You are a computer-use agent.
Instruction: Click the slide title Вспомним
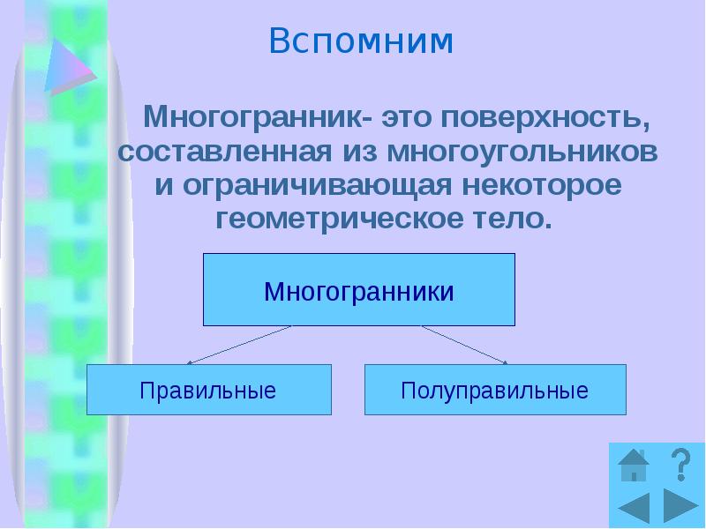pyautogui.click(x=361, y=41)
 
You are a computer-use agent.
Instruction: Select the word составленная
pyautogui.click(x=224, y=151)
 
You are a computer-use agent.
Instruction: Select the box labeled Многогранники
pyautogui.click(x=359, y=290)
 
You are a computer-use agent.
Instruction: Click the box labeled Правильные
pyautogui.click(x=208, y=390)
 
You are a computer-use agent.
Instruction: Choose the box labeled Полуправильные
pyautogui.click(x=494, y=390)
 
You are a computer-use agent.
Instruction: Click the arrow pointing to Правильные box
pyautogui.click(x=239, y=345)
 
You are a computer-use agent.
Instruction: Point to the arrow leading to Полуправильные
pyautogui.click(x=465, y=345)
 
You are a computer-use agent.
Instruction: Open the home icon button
pyautogui.click(x=633, y=465)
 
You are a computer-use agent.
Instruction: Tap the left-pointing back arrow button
pyautogui.click(x=634, y=508)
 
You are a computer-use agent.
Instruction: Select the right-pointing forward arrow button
pyautogui.click(x=680, y=508)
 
